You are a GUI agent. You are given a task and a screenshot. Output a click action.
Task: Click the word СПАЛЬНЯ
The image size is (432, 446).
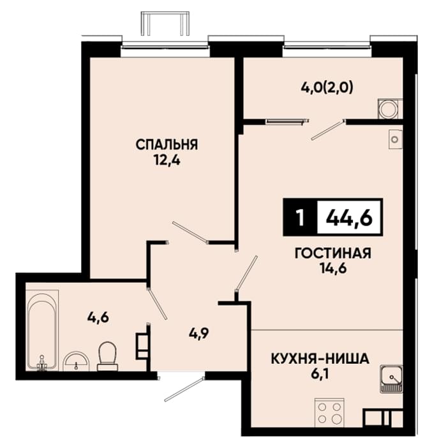(167, 145)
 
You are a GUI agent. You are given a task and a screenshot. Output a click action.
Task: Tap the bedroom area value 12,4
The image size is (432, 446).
(167, 161)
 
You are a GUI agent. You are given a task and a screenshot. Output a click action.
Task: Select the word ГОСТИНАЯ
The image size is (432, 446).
(333, 253)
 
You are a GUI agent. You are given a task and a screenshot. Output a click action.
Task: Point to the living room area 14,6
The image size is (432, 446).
(333, 268)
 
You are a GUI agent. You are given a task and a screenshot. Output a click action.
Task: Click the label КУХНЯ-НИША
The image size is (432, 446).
(320, 359)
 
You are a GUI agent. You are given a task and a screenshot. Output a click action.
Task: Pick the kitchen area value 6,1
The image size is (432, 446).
(320, 375)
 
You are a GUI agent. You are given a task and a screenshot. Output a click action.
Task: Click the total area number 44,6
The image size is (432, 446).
(349, 218)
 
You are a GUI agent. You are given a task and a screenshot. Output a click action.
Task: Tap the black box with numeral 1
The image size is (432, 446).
(300, 217)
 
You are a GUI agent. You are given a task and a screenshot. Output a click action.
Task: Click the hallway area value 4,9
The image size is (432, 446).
(199, 333)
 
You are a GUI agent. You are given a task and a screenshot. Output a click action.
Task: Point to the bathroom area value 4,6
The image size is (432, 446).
(98, 317)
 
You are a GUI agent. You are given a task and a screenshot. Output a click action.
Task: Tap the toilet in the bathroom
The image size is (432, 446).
(107, 356)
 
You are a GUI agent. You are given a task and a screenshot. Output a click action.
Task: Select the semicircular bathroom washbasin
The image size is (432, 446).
(76, 361)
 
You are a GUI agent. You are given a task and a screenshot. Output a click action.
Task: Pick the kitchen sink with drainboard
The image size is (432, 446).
(391, 379)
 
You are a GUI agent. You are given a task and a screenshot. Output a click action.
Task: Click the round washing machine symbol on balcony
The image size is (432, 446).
(388, 109)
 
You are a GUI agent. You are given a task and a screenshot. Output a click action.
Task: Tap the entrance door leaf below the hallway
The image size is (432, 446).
(184, 389)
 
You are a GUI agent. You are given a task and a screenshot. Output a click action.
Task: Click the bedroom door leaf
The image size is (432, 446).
(190, 233)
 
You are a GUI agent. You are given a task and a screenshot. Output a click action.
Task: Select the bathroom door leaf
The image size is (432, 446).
(157, 303)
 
